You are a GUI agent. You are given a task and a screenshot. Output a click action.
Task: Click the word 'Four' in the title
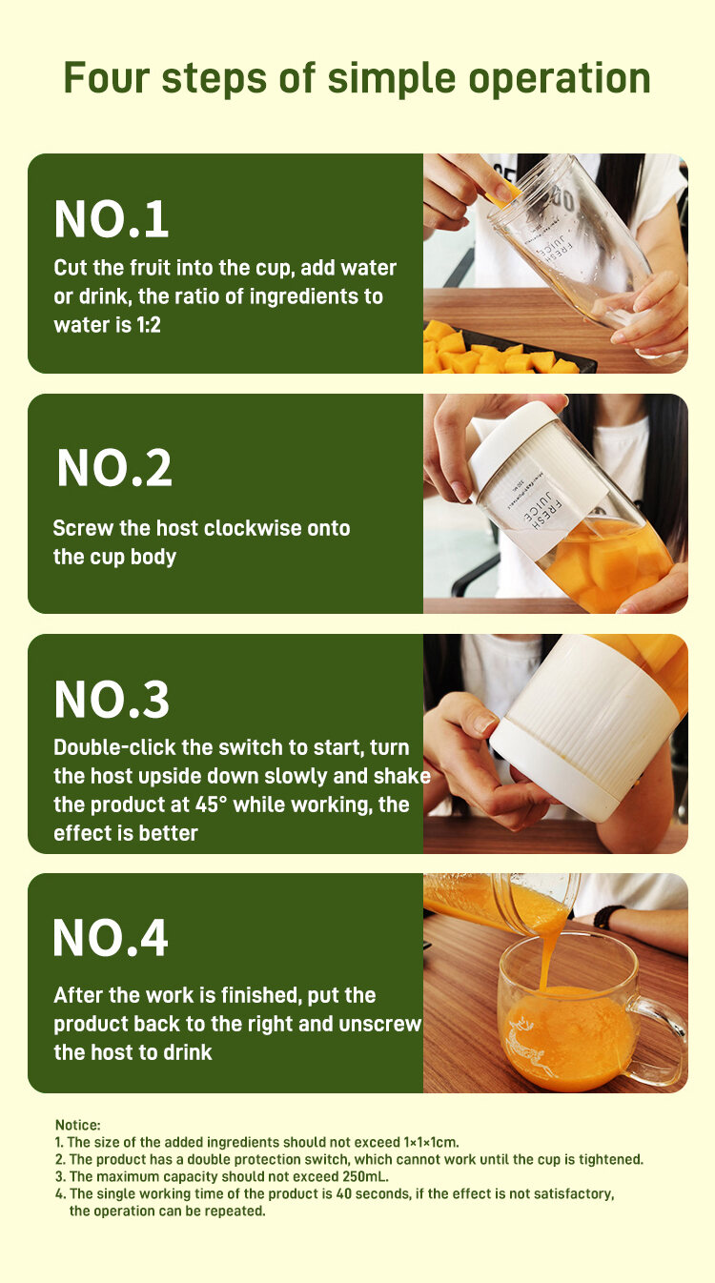tap(107, 78)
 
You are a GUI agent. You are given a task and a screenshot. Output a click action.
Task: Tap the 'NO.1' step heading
tap(112, 219)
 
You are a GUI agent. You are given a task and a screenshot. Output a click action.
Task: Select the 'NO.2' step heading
tap(114, 467)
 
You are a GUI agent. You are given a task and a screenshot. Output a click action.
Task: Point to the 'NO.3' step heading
tap(112, 699)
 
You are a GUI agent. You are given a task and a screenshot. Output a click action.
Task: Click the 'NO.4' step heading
tap(110, 938)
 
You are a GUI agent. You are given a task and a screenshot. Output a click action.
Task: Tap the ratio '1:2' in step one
tap(149, 325)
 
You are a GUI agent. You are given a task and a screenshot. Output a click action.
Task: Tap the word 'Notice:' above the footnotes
tap(78, 1125)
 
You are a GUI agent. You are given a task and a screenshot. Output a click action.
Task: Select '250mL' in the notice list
tap(367, 1176)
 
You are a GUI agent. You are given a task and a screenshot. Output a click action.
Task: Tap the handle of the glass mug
tap(664, 1036)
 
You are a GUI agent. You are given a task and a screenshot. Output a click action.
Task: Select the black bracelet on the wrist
tap(607, 916)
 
